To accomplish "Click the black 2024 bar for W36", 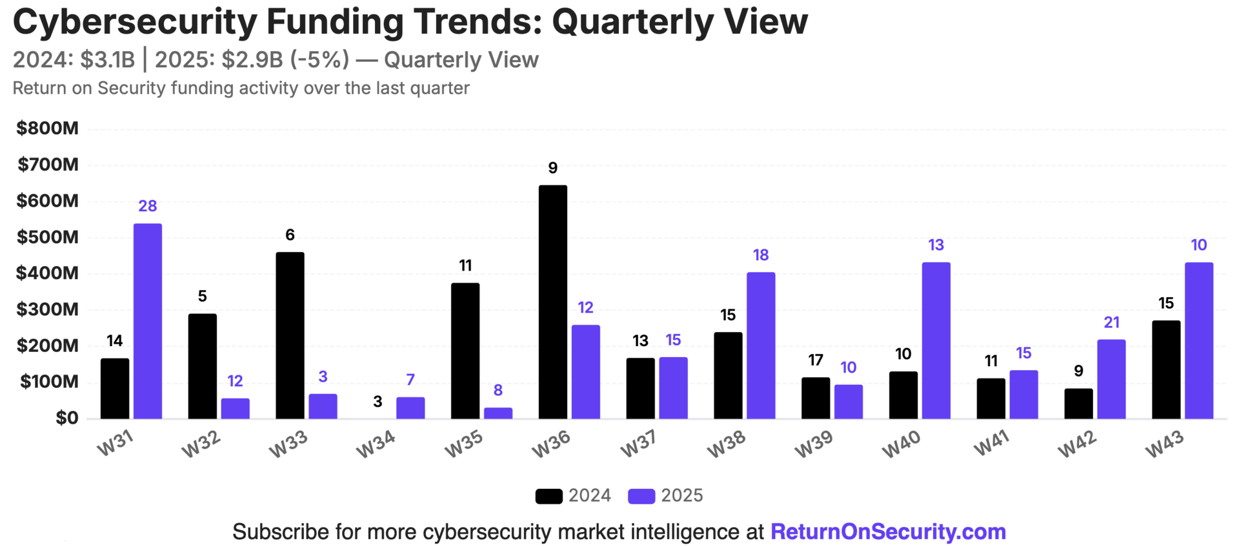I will click(552, 302).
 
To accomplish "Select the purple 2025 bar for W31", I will click(148, 321).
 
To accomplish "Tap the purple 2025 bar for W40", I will click(936, 340).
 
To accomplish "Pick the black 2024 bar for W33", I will click(290, 335).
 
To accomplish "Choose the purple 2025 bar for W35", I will click(498, 413).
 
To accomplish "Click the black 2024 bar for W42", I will click(1078, 403).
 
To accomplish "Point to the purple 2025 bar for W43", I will click(1198, 340).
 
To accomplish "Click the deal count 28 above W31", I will click(148, 206).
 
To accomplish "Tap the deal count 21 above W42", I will click(1111, 322).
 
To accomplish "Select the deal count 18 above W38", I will click(761, 255).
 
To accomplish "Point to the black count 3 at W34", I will click(378, 402).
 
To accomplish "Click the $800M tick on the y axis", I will click(47, 128).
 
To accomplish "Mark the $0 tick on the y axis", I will click(66, 418).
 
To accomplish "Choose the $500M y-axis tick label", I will click(47, 237).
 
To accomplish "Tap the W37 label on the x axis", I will click(638, 444).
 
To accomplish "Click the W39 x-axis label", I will click(813, 444).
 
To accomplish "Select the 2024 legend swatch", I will click(549, 496).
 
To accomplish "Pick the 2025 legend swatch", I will click(641, 496).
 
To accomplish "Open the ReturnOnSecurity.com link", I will click(888, 532).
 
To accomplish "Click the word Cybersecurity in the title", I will click(134, 22).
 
